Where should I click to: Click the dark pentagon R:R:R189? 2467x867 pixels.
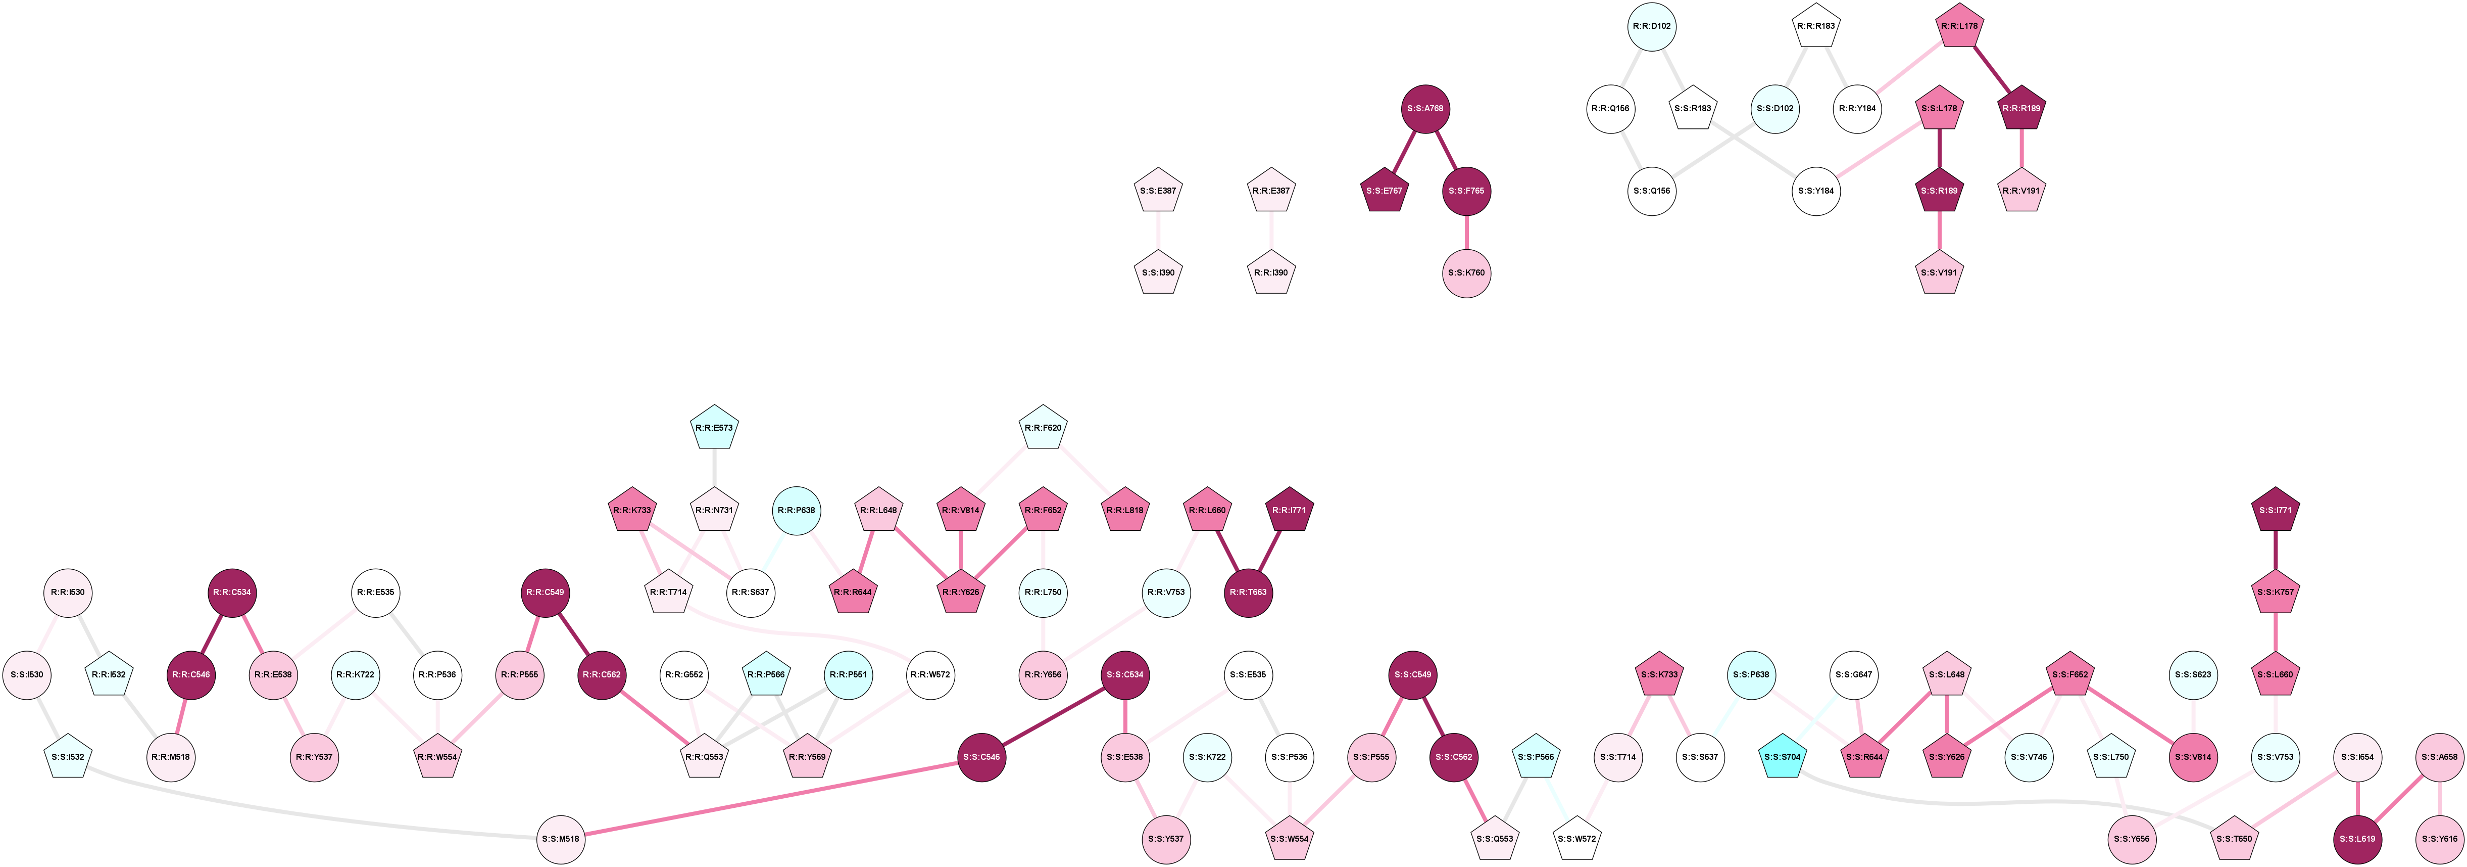point(2021,108)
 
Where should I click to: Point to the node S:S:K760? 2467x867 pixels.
point(1466,273)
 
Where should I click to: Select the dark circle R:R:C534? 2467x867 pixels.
point(232,592)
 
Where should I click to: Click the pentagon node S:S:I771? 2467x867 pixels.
point(2276,511)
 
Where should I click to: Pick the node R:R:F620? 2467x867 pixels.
point(1043,428)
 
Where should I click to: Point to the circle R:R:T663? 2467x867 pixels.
point(1249,592)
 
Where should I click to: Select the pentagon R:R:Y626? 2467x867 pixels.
point(961,592)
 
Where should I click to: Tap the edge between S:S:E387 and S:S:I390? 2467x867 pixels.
point(1159,232)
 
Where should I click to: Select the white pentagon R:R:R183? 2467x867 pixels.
point(1816,26)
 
